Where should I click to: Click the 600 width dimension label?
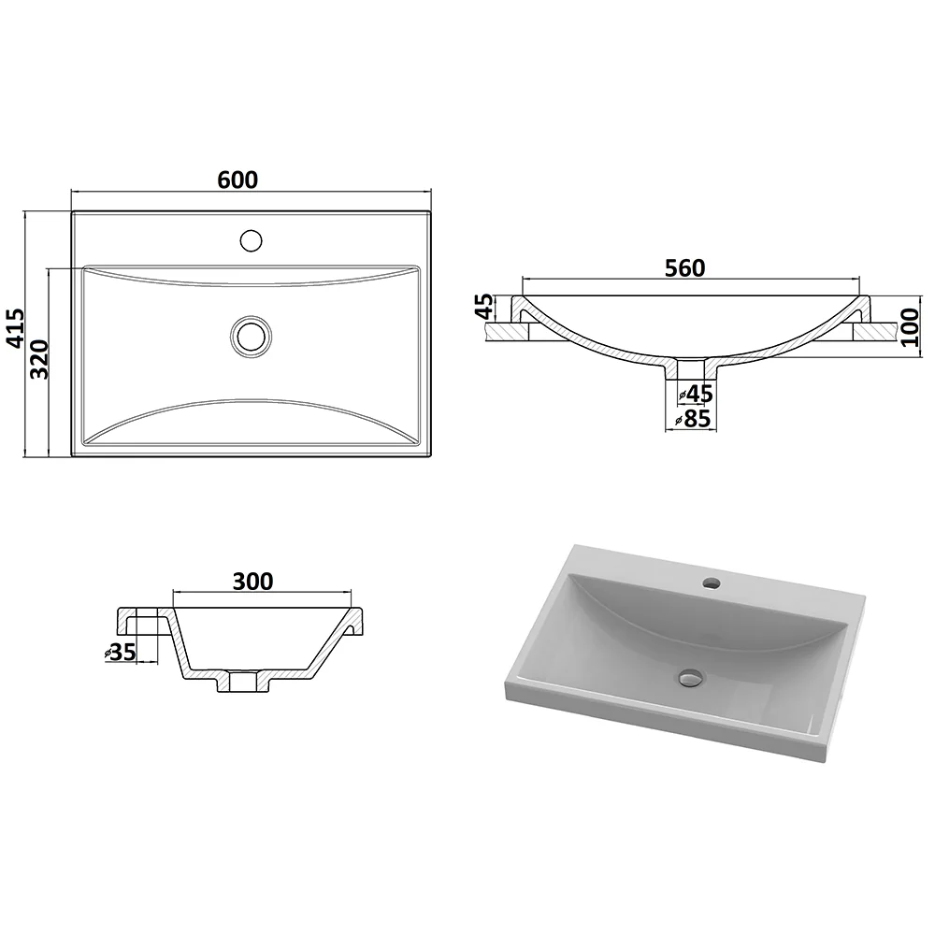[x=237, y=180]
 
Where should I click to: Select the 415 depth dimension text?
[x=15, y=328]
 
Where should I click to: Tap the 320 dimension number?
[x=39, y=360]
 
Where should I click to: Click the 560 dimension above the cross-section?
[x=685, y=268]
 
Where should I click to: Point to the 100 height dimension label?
[x=910, y=327]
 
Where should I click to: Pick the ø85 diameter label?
[x=693, y=419]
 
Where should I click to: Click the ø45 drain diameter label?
[x=696, y=394]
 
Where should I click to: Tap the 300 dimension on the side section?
[x=252, y=582]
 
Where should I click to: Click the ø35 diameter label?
[x=121, y=653]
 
